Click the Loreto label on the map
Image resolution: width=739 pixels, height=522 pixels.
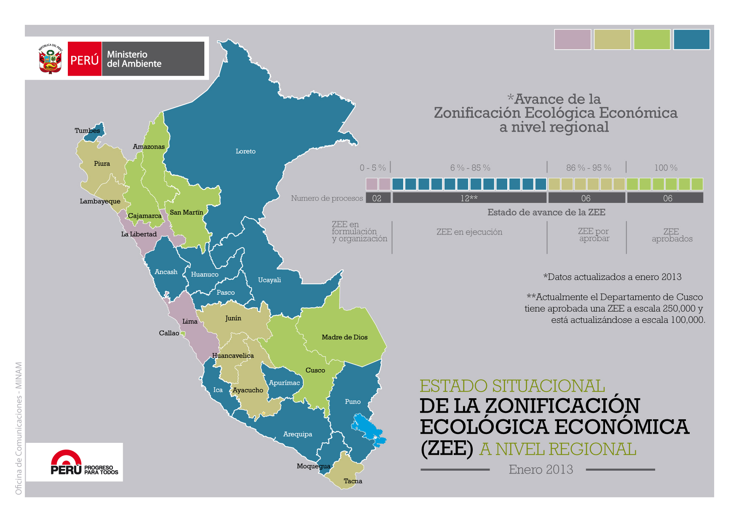(245, 152)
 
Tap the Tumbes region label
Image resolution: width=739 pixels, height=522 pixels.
(87, 130)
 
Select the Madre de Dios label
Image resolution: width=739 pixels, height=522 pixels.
(344, 337)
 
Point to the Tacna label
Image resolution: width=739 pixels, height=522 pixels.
(353, 481)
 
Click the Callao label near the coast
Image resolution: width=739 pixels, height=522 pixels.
(169, 333)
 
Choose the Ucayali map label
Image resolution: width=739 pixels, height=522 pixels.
(269, 280)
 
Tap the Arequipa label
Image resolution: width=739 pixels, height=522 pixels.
(297, 434)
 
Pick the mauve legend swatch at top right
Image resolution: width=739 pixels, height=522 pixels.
(572, 40)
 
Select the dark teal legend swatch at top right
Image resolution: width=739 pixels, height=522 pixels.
(691, 40)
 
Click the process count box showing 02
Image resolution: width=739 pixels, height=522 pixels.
(377, 198)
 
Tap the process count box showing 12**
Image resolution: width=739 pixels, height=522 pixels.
(469, 198)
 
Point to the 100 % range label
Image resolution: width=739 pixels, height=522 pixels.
(666, 168)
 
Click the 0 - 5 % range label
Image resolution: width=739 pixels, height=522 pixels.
(372, 168)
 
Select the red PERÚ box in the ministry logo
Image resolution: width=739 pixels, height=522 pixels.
(85, 59)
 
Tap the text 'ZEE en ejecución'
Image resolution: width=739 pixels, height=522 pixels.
(469, 232)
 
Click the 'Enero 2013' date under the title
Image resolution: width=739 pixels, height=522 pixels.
(541, 469)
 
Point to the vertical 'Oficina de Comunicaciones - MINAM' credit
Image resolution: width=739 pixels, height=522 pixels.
(19, 428)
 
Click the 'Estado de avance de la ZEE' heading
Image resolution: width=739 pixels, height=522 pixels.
(546, 213)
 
